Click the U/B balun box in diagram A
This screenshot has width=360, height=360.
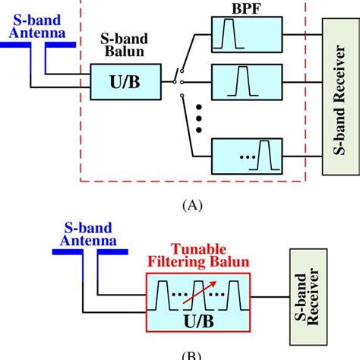(125, 81)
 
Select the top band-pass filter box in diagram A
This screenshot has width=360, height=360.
(244, 35)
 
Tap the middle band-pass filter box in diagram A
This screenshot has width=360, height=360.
(244, 80)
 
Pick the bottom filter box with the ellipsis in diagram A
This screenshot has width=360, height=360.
(244, 158)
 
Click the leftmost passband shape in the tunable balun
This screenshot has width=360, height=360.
(163, 292)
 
